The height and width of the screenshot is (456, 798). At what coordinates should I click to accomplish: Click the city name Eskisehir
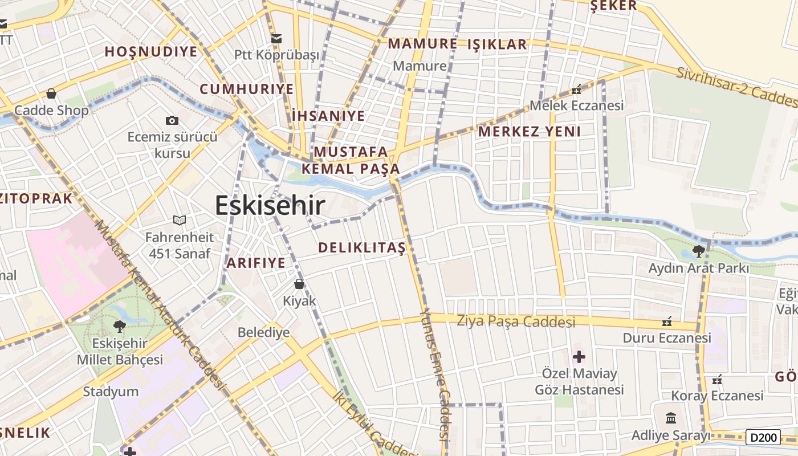coord(270,205)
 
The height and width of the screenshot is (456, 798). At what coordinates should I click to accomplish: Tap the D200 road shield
coord(763,437)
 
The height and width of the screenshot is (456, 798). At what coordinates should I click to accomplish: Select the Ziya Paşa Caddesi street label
coord(516,321)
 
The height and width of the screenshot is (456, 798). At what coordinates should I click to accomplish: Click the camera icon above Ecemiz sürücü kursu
coord(172,120)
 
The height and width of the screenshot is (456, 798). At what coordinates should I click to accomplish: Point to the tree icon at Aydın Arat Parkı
coord(698,251)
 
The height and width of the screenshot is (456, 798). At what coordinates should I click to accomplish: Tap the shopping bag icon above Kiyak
coord(299,284)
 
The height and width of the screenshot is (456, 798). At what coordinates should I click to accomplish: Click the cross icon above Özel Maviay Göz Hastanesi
coord(579,357)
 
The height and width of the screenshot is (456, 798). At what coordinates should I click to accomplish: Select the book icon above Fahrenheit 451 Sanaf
coord(179,220)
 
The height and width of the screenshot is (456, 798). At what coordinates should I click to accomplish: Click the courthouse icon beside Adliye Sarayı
coord(671,418)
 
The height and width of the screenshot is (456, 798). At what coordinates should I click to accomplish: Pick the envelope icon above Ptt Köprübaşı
coord(276,39)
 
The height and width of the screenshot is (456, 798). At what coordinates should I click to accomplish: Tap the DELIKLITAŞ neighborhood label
coord(361,247)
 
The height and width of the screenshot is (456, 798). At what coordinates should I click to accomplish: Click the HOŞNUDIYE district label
coord(151,52)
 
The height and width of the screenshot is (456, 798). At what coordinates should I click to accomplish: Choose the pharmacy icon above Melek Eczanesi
coord(576,89)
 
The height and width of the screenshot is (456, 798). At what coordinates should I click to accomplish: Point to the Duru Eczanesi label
coord(666,337)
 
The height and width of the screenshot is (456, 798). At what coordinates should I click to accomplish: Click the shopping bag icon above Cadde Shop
coord(51,93)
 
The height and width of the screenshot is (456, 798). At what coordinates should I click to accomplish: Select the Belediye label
coord(263,332)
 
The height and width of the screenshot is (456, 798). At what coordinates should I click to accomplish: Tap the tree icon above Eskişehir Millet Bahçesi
coord(119,326)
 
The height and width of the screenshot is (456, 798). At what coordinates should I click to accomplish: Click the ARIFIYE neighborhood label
coord(256,263)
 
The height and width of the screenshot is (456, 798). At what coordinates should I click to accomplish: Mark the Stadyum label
coord(111,392)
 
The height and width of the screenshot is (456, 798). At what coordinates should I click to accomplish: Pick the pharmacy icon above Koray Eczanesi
coord(717,380)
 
